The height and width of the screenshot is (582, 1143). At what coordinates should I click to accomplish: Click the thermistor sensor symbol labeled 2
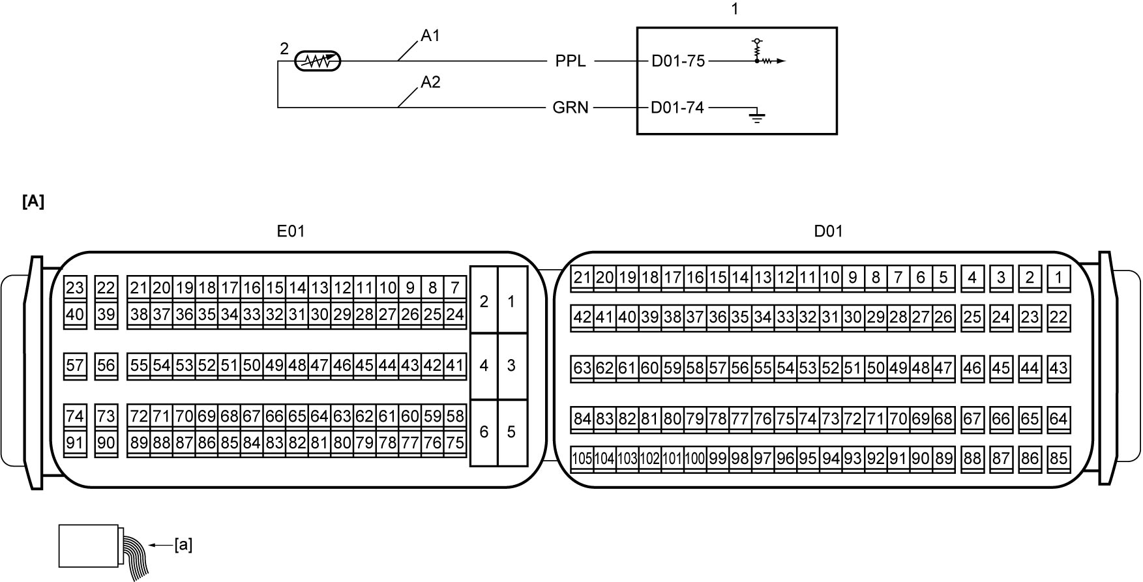click(x=318, y=61)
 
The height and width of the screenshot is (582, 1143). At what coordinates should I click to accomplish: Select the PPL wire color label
click(x=571, y=61)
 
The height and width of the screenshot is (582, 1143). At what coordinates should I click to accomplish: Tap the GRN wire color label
click(x=571, y=108)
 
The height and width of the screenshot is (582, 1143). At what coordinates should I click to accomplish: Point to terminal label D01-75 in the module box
click(x=678, y=61)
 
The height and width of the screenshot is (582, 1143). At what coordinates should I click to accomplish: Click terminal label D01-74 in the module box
click(x=677, y=108)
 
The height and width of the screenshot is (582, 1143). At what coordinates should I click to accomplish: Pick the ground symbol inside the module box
click(x=756, y=118)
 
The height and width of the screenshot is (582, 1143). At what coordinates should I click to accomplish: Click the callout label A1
click(x=430, y=36)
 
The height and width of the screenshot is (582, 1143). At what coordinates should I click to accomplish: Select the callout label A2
click(x=430, y=82)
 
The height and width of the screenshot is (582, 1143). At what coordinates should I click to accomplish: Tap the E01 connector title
click(x=291, y=231)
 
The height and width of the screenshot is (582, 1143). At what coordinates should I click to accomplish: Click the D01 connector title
click(x=829, y=231)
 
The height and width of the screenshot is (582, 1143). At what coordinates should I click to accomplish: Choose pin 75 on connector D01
click(x=785, y=418)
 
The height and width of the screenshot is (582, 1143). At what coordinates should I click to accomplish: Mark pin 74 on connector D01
click(x=808, y=418)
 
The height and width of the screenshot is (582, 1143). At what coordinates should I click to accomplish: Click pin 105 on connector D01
click(x=582, y=458)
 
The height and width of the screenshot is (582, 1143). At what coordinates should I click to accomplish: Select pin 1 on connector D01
click(x=1059, y=278)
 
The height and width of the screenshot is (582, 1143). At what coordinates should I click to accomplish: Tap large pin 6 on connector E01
click(x=484, y=431)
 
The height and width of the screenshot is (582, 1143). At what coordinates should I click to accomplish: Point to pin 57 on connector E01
click(x=75, y=365)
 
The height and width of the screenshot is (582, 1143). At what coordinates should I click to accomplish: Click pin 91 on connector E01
click(x=75, y=443)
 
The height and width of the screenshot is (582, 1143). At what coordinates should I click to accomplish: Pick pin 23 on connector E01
click(x=75, y=287)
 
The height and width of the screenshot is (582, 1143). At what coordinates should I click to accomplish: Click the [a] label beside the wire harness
click(x=183, y=544)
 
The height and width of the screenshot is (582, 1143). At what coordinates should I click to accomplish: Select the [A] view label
click(x=33, y=202)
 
